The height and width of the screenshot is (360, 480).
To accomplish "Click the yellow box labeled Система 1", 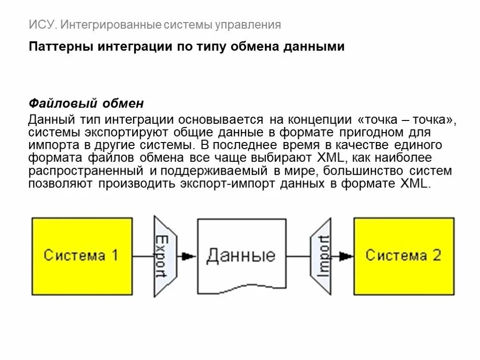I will (82, 256).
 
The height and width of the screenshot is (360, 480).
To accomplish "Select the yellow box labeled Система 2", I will (404, 256).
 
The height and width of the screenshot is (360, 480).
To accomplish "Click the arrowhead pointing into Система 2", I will (346, 256).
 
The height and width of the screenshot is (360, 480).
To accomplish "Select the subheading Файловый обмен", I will (86, 103).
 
